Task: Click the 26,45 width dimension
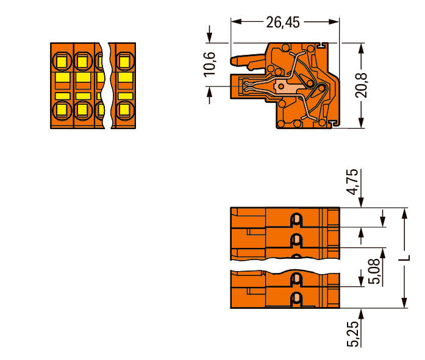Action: pos(283,22)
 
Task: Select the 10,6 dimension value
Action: pos(210,64)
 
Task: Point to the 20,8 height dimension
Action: pos(361,85)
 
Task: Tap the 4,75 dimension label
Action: pos(352,182)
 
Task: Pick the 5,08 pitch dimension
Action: pos(374,271)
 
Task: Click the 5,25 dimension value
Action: pos(352,334)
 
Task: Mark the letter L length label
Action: pos(404,258)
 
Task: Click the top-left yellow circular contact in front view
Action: pos(62,62)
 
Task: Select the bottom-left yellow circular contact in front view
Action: pos(62,110)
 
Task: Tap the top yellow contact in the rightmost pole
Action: pos(125,62)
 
